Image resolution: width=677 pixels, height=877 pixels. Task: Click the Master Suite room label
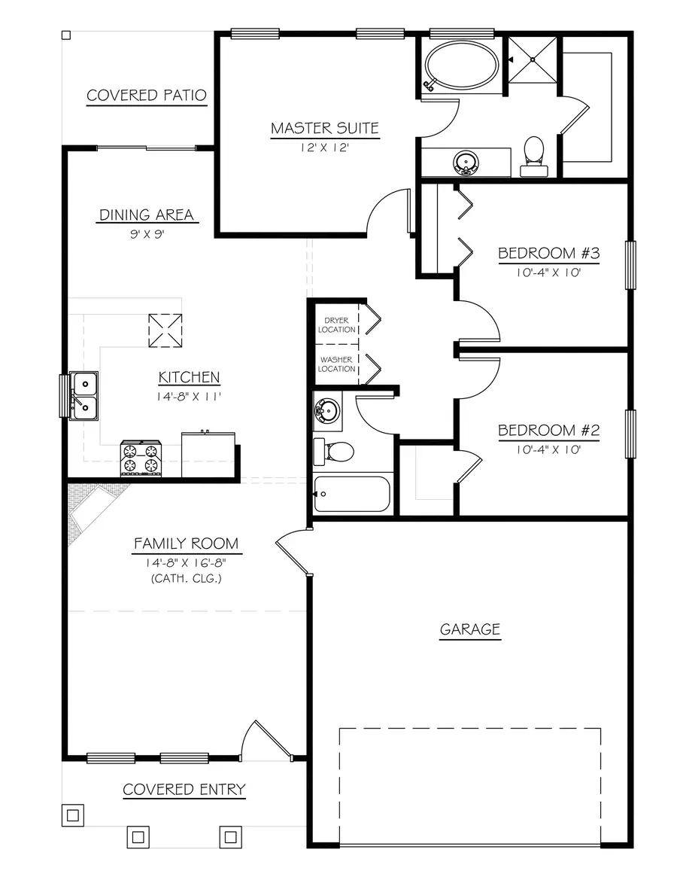point(325,128)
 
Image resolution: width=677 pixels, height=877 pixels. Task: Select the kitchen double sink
point(83,395)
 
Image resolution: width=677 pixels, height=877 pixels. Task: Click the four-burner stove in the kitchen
point(141,458)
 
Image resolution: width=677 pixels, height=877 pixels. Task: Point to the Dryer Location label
point(336,325)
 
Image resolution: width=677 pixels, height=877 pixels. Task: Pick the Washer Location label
point(336,364)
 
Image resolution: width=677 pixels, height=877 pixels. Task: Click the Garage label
point(469,629)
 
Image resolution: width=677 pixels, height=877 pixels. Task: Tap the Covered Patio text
point(147,95)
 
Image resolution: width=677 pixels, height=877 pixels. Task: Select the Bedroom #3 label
point(548,254)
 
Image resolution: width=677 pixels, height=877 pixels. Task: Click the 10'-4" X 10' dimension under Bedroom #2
point(548,449)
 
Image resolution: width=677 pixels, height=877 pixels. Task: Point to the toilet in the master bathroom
point(534,157)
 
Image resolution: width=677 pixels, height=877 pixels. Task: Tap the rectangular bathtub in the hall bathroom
point(352,494)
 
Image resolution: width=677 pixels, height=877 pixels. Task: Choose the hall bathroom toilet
point(334,452)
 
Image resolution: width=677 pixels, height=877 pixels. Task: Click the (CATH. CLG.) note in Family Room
point(186,579)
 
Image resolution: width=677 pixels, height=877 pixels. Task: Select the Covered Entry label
point(184,789)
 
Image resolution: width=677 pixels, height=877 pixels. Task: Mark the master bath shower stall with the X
point(533,59)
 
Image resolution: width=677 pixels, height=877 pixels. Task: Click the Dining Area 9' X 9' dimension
point(147,234)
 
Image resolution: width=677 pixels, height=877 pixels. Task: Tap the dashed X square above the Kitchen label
point(165,330)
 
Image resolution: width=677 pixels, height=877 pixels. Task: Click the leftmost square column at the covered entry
point(73,815)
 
